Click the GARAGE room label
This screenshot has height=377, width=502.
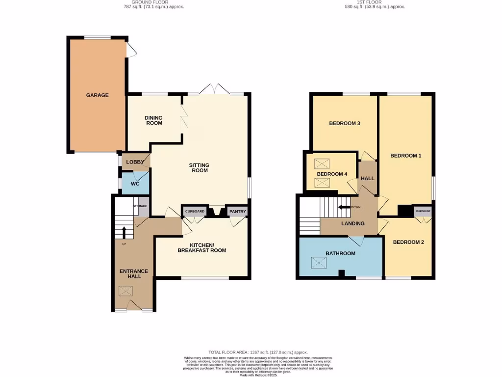coord(97,95)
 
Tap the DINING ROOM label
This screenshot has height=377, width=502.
coord(153,120)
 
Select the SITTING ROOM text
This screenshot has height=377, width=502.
coord(199,167)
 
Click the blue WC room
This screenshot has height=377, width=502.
coord(135,184)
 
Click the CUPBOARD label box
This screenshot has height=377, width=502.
coord(195,212)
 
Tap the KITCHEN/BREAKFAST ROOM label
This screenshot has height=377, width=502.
coord(201,247)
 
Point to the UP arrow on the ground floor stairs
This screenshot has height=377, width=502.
coord(124,232)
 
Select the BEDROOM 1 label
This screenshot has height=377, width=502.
coord(405,156)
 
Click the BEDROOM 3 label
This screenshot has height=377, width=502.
coord(344,123)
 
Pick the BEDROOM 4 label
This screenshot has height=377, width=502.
coord(332,174)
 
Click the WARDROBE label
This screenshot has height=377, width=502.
coord(423,211)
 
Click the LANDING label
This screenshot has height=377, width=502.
coord(353,223)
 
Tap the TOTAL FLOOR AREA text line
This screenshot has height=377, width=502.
coord(258,352)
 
